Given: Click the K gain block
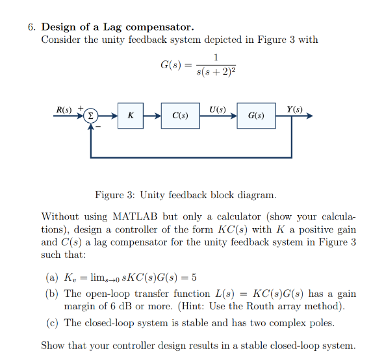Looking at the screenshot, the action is tap(131, 116).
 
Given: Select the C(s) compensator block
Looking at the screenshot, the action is tap(181, 116).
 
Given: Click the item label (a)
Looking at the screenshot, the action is tap(53, 278).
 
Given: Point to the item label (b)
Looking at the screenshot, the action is tap(53, 294).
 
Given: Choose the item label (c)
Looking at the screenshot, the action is tap(53, 322).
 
